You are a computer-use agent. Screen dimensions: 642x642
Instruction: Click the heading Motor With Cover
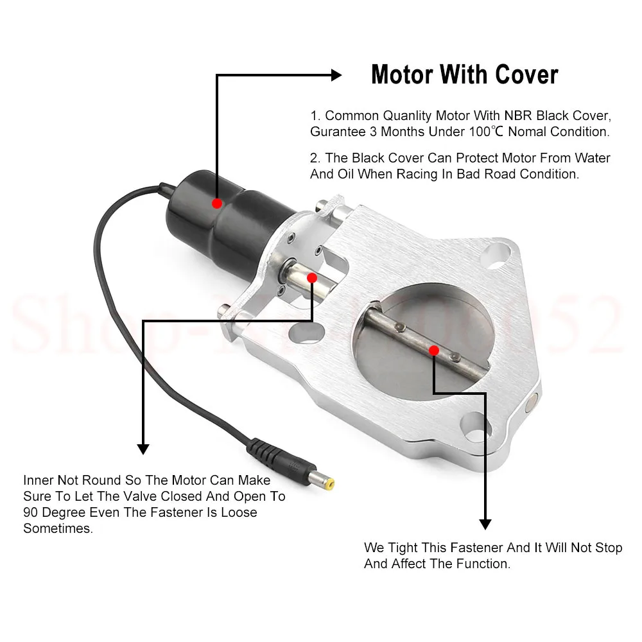[464, 75]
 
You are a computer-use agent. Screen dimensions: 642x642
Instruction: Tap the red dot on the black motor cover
[217, 203]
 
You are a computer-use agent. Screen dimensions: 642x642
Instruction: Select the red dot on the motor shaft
[312, 277]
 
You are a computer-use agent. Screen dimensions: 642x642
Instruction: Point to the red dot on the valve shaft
[434, 350]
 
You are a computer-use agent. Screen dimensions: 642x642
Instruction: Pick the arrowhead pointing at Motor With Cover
[335, 75]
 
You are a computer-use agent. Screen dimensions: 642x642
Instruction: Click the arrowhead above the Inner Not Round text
[143, 448]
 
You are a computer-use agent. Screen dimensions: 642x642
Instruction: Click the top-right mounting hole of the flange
[498, 252]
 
